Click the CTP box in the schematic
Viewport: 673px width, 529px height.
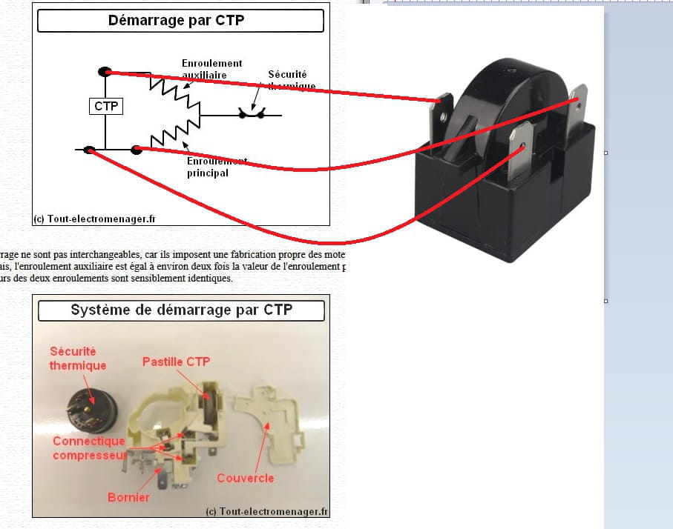(x=105, y=107)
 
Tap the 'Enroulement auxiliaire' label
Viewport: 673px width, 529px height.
(x=211, y=69)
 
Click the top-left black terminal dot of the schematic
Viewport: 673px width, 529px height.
(x=105, y=72)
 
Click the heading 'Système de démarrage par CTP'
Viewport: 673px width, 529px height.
(x=181, y=310)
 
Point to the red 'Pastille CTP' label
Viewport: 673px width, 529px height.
(x=177, y=362)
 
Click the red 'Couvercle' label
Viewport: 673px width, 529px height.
(x=245, y=478)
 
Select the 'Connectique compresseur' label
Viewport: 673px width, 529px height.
(x=88, y=448)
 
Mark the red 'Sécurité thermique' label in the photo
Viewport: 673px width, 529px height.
(x=77, y=358)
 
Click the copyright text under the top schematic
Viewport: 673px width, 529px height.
(x=94, y=219)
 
